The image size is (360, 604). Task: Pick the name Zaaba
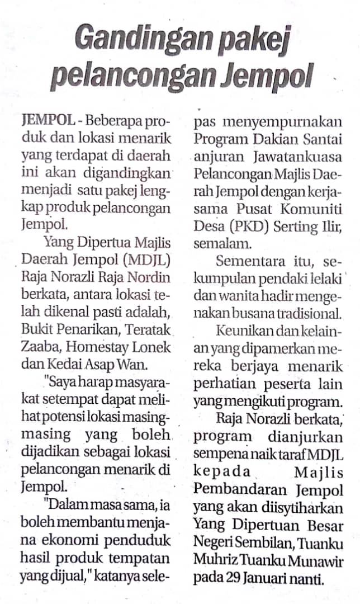[37, 346]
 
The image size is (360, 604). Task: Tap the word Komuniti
[314, 209]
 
